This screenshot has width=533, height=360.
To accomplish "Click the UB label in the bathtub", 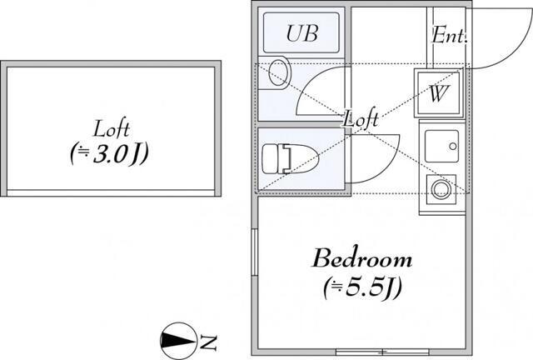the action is point(302,33).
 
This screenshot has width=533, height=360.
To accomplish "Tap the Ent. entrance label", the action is point(449,35).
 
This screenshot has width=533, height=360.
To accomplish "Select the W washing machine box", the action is point(439,92).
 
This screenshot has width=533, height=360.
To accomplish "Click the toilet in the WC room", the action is point(291,159).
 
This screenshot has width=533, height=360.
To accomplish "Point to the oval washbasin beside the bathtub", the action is point(278,72).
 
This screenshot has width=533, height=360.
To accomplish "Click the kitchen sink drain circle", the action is point(453,147).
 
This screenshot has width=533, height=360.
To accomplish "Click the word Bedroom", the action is point(362,258).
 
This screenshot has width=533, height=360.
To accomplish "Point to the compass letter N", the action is point(208,342).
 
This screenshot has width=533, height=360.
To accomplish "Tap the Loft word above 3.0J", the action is point(111,128).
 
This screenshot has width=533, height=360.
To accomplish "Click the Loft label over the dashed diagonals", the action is point(361,118).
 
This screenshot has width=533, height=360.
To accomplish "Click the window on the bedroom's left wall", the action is point(254,252).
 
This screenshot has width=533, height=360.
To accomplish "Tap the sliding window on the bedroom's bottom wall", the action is point(382,352).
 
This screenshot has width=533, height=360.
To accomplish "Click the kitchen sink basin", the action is point(441,146).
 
